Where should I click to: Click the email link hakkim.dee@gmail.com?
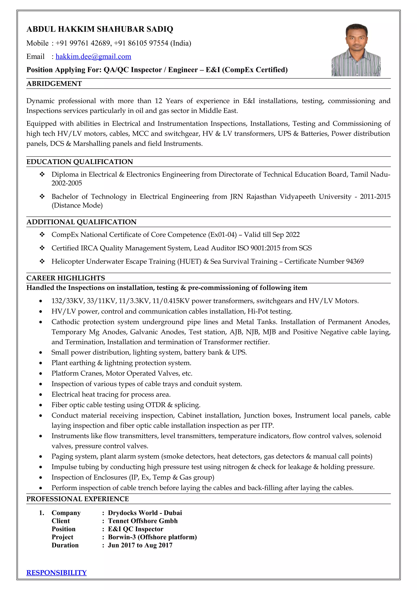point(93,57)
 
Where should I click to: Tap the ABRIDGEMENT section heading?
point(54,84)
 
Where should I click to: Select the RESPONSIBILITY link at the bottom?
point(57,572)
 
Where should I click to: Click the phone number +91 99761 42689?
point(83,43)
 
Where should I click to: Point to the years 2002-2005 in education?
point(67,183)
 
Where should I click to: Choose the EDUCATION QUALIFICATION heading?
point(80,162)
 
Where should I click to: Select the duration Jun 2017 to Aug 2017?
point(140,545)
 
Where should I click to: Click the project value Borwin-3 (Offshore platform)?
point(152,537)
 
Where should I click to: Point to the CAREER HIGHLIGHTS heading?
point(66,278)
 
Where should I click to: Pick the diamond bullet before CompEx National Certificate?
point(42,235)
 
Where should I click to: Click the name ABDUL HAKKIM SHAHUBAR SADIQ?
point(100,29)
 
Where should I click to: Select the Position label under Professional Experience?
point(64,529)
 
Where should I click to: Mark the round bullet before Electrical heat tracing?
point(41,395)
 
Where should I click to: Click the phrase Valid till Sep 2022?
point(272,235)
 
